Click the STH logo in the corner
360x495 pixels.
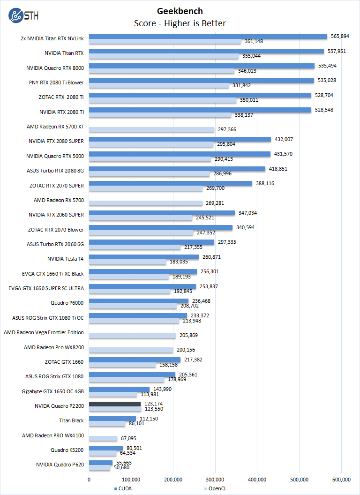tap(23, 15)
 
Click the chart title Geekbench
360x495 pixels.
tap(180, 11)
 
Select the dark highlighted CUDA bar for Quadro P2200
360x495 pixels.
tap(115, 404)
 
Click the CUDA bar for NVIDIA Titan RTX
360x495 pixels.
tap(206, 51)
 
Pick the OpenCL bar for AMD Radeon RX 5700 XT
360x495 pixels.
tap(151, 129)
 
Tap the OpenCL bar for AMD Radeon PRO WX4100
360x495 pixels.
tap(103, 438)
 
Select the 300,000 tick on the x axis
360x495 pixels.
tap(215, 479)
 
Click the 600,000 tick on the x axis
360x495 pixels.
tap(341, 479)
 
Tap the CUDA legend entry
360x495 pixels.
tap(123, 488)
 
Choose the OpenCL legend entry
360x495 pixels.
tap(216, 488)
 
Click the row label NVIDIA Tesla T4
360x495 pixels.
tap(66, 259)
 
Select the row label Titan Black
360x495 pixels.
tap(71, 420)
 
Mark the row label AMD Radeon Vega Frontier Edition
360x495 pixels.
tap(44, 332)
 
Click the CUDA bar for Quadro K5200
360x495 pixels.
tap(106, 448)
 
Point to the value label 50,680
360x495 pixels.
tap(121, 468)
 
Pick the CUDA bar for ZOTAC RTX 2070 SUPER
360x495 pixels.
tap(171, 183)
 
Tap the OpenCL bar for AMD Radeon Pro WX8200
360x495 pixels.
tap(131, 350)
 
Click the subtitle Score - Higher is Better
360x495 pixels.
tap(180, 23)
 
